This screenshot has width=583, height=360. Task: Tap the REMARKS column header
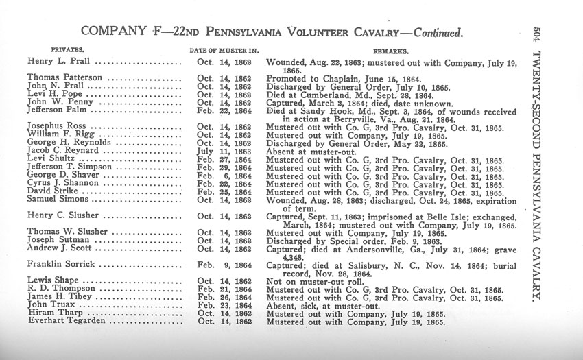coord(390,51)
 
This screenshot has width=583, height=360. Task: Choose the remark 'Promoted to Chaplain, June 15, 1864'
coord(350,78)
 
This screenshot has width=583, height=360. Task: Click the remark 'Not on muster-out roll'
coord(314,280)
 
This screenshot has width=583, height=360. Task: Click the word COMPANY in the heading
coord(111,32)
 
